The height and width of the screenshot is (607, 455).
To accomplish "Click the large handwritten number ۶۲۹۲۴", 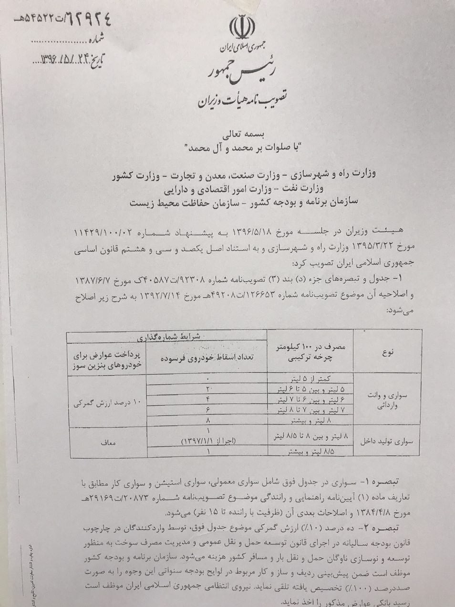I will pyautogui.click(x=81, y=20).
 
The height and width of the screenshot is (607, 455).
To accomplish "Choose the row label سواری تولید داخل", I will pyautogui.click(x=386, y=442).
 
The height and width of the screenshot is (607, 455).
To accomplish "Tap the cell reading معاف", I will pyautogui.click(x=108, y=442).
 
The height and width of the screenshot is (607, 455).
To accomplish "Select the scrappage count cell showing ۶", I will pyautogui.click(x=207, y=410).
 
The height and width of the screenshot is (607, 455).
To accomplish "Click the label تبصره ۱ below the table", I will pyautogui.click(x=384, y=478).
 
